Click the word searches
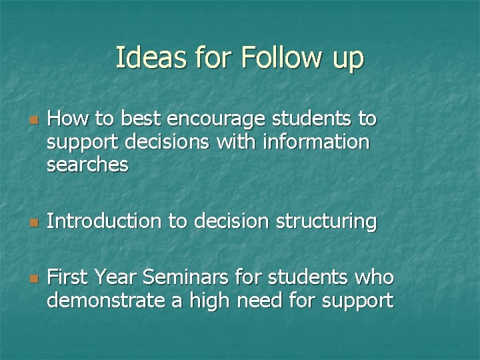[87, 165]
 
